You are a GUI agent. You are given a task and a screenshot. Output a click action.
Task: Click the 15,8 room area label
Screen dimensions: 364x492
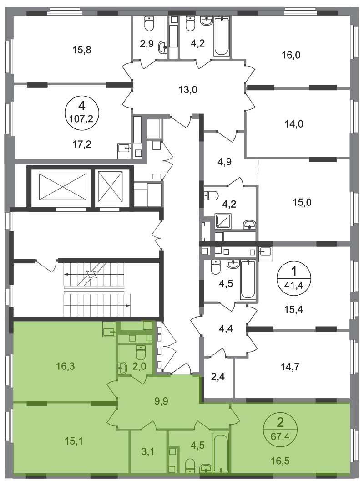tap(82, 50)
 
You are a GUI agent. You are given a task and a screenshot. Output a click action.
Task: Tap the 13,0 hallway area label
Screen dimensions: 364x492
tap(188, 90)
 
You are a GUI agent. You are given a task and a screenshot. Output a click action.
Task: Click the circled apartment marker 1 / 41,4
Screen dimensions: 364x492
tap(294, 277)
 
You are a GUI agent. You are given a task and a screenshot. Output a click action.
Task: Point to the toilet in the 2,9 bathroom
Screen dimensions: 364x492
tap(149, 23)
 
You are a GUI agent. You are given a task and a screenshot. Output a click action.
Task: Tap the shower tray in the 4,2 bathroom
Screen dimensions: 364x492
tap(223, 221)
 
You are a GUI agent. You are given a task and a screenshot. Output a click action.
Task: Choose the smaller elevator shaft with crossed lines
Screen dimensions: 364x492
tap(110, 187)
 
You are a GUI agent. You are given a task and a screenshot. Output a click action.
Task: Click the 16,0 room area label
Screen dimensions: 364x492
tap(291, 55)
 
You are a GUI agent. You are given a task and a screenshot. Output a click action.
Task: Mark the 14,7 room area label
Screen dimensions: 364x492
tap(290, 366)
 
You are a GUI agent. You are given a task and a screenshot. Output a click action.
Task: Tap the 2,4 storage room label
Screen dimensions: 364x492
tap(218, 376)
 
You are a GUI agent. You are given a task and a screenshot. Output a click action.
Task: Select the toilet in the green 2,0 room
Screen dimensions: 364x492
tap(141, 352)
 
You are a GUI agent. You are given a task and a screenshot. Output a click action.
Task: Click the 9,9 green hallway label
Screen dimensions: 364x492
tap(161, 401)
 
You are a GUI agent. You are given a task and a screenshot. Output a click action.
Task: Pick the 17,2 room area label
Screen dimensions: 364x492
tap(82, 144)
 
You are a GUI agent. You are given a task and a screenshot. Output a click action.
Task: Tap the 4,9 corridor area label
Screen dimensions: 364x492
tap(224, 162)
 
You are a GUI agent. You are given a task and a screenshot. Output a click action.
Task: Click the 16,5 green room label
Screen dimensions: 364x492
tap(280, 461)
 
